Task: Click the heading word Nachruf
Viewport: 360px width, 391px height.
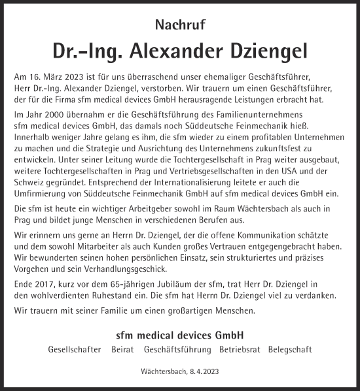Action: pos(179,26)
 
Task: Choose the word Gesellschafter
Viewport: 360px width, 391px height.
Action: pos(75,349)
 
